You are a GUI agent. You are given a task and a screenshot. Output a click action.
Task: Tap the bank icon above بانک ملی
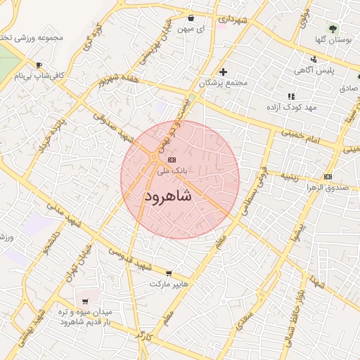(x=172, y=160)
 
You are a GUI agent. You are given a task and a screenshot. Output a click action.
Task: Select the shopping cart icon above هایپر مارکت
(x=169, y=273)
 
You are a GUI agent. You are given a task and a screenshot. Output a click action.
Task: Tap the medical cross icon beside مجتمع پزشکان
(x=224, y=72)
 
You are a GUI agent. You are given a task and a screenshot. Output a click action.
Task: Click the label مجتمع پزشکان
(x=224, y=83)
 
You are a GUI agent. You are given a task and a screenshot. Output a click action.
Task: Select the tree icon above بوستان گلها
(x=332, y=29)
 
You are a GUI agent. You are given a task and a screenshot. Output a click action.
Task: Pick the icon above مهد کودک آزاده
(x=290, y=96)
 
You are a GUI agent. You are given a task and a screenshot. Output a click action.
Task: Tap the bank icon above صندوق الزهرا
(x=327, y=176)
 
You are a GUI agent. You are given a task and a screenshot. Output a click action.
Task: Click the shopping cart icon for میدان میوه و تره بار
(x=84, y=301)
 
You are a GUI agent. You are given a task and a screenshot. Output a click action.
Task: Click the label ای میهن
(x=210, y=30)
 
